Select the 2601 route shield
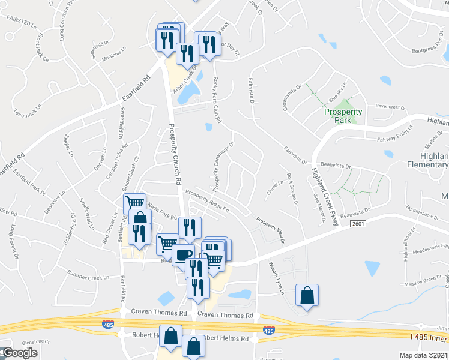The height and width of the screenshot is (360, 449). pyautogui.click(x=356, y=223)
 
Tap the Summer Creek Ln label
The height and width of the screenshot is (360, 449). pyautogui.click(x=88, y=276)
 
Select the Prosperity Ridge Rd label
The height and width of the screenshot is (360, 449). pyautogui.click(x=207, y=202)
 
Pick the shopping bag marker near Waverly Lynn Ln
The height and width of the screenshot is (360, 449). pyautogui.click(x=307, y=296)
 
